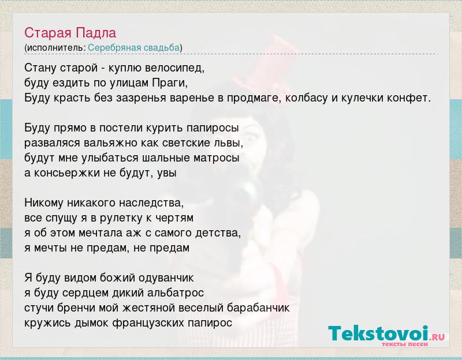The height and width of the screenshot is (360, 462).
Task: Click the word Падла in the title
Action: [x=96, y=33]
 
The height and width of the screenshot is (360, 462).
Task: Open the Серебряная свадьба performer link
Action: [x=134, y=47]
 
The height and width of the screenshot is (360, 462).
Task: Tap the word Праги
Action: [x=170, y=83]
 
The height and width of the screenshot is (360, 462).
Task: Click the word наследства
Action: [x=151, y=203]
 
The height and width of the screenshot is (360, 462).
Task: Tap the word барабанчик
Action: [x=258, y=308]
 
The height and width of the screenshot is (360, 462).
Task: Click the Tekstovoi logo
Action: [x=386, y=335]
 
